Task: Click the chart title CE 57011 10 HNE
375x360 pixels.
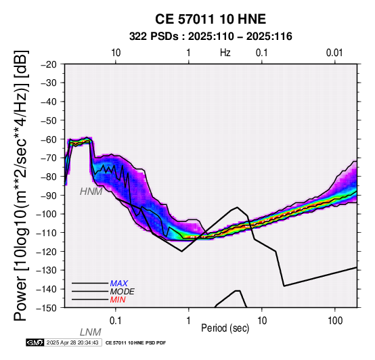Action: click(211, 19)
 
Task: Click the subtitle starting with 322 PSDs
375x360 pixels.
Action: click(211, 37)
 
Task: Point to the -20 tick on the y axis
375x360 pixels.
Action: click(49, 64)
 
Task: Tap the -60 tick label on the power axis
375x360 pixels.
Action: click(49, 139)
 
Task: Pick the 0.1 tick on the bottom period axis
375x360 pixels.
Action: click(116, 321)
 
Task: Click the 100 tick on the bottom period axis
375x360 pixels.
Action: click(335, 321)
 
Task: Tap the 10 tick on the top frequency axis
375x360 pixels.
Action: click(116, 53)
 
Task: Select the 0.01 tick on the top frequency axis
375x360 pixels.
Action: click(334, 53)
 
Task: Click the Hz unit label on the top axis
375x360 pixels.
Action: click(225, 53)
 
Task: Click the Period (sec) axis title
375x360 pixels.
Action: click(225, 328)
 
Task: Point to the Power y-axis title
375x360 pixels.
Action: click(21, 185)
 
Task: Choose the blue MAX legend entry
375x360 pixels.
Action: click(119, 284)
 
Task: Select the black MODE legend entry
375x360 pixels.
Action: click(123, 292)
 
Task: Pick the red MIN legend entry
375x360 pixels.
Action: click(118, 300)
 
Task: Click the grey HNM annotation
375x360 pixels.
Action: click(91, 192)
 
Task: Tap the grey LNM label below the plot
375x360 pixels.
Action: click(91, 332)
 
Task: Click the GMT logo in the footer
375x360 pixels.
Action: click(35, 342)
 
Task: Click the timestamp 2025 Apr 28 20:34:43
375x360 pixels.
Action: click(72, 342)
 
